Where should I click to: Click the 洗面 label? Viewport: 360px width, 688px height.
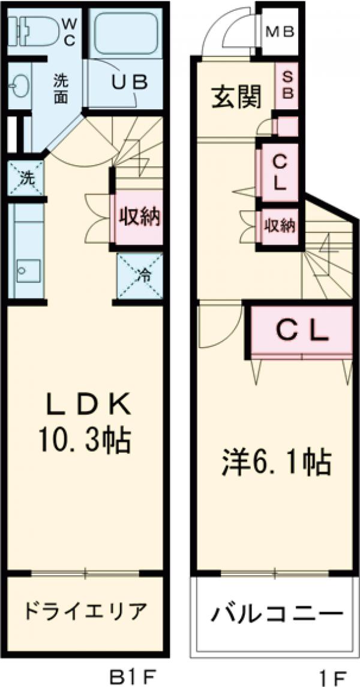coord(60,89)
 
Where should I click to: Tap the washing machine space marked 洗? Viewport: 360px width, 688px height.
coord(26,178)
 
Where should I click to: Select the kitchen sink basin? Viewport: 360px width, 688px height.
coord(28,271)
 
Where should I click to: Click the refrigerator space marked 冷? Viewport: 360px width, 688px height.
coord(140,276)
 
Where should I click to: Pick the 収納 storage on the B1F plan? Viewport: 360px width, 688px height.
coord(139,218)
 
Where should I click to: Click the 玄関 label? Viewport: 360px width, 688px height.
coord(236,98)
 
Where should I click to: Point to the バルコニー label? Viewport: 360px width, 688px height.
coord(274,614)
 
